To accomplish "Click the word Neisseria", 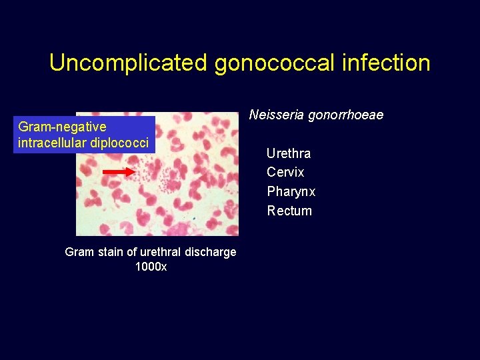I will pos(275,115).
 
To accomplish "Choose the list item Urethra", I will pos(289,153).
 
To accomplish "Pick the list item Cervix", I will pos(285,172).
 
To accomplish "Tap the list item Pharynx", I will pos(291,192).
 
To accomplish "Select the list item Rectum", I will pos(289,211).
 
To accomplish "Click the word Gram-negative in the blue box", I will pos(62,127).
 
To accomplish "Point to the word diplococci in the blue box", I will pos(121,143).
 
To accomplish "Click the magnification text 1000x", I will pos(151,267).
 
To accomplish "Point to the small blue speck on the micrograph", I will pos(193,217).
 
